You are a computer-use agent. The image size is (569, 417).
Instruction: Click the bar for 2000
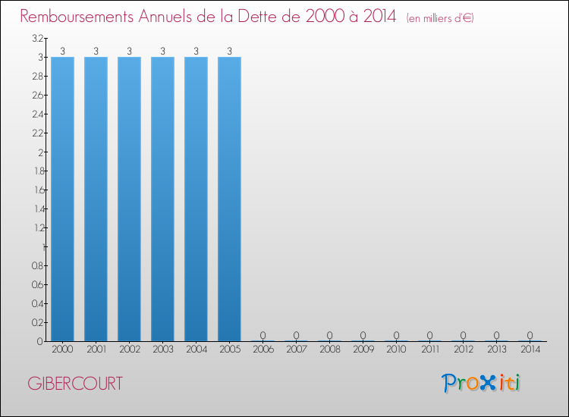[62, 199]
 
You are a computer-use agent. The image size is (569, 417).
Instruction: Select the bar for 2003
[162, 199]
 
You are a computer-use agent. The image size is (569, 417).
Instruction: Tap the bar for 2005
[229, 199]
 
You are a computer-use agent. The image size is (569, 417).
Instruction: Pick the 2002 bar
[129, 199]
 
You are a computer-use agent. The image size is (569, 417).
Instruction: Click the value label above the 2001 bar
[96, 52]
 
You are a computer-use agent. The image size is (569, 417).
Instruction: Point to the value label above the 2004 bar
[196, 52]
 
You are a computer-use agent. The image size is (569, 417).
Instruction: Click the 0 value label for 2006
[262, 335]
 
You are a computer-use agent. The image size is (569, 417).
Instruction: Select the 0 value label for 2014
[530, 335]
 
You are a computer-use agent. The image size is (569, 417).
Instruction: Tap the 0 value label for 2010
[396, 335]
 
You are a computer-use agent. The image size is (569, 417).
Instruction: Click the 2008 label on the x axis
[329, 350]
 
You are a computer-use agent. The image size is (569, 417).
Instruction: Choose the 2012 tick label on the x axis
[463, 350]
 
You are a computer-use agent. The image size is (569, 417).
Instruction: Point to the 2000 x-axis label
[62, 350]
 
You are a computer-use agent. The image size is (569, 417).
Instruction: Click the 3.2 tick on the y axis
[37, 39]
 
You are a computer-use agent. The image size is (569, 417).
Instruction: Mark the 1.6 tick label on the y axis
[37, 190]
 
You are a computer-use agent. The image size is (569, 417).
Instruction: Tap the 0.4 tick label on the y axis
[37, 303]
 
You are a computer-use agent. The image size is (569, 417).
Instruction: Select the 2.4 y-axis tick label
[37, 114]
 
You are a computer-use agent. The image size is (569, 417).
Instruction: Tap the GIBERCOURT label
[74, 384]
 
